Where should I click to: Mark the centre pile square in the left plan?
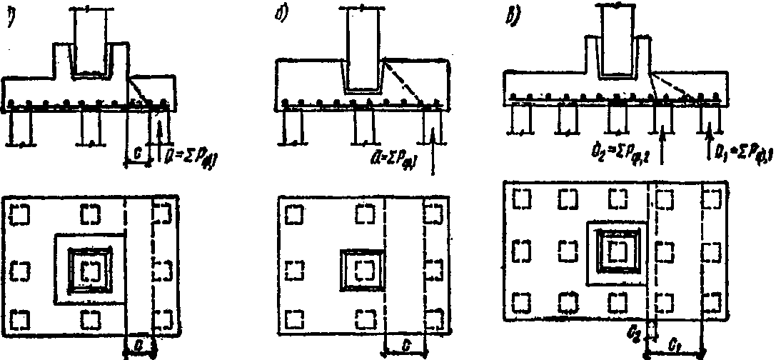click(90, 269)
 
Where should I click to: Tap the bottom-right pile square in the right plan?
click(713, 304)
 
